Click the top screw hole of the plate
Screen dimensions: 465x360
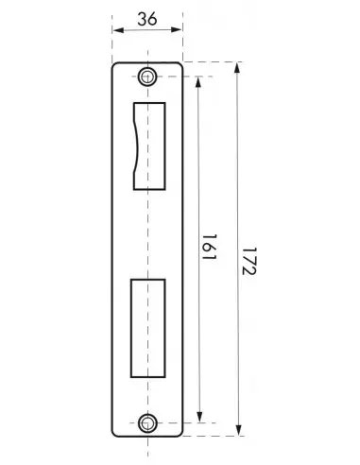click(x=146, y=77)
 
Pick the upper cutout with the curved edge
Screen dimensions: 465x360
click(x=147, y=142)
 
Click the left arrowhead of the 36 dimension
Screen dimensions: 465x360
click(x=117, y=29)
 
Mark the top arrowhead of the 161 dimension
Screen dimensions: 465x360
click(x=198, y=81)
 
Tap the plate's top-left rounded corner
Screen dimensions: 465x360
click(x=116, y=66)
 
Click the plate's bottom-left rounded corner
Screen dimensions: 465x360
click(x=116, y=433)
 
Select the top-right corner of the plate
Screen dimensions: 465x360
click(x=180, y=64)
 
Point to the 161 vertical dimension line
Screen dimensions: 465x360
click(x=198, y=170)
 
